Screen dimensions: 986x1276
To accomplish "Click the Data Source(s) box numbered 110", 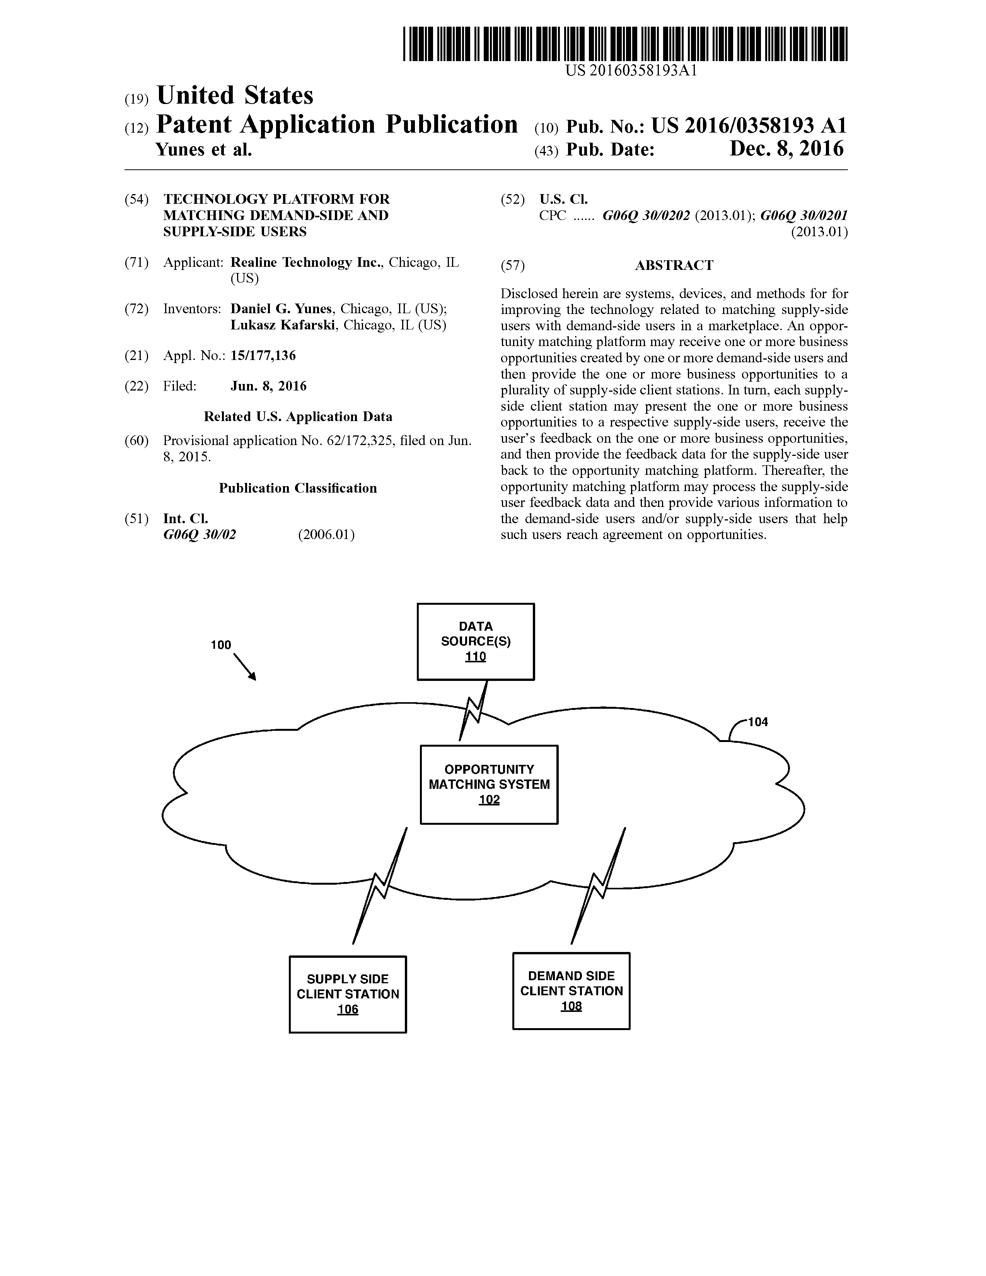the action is pyautogui.click(x=476, y=641).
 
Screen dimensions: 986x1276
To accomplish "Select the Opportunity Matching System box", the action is pyautogui.click(x=489, y=784).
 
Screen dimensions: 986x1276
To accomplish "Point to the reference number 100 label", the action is pyautogui.click(x=221, y=645).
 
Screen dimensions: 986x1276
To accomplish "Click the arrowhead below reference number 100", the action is pyautogui.click(x=253, y=677).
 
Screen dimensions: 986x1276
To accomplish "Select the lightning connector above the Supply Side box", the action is pyautogui.click(x=380, y=886).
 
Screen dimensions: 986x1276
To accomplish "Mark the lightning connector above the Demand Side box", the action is pyautogui.click(x=598, y=886).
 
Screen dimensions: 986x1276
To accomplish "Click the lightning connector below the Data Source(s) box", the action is pyautogui.click(x=474, y=710).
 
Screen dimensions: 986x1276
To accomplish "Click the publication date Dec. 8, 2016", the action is pyautogui.click(x=786, y=149).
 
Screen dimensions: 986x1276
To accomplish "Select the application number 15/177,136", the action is pyautogui.click(x=263, y=355).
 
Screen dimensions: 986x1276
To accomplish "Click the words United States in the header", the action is pyautogui.click(x=235, y=95).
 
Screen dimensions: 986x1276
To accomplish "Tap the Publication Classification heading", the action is pyautogui.click(x=298, y=488).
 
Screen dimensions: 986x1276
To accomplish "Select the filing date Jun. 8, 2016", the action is pyautogui.click(x=269, y=386).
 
